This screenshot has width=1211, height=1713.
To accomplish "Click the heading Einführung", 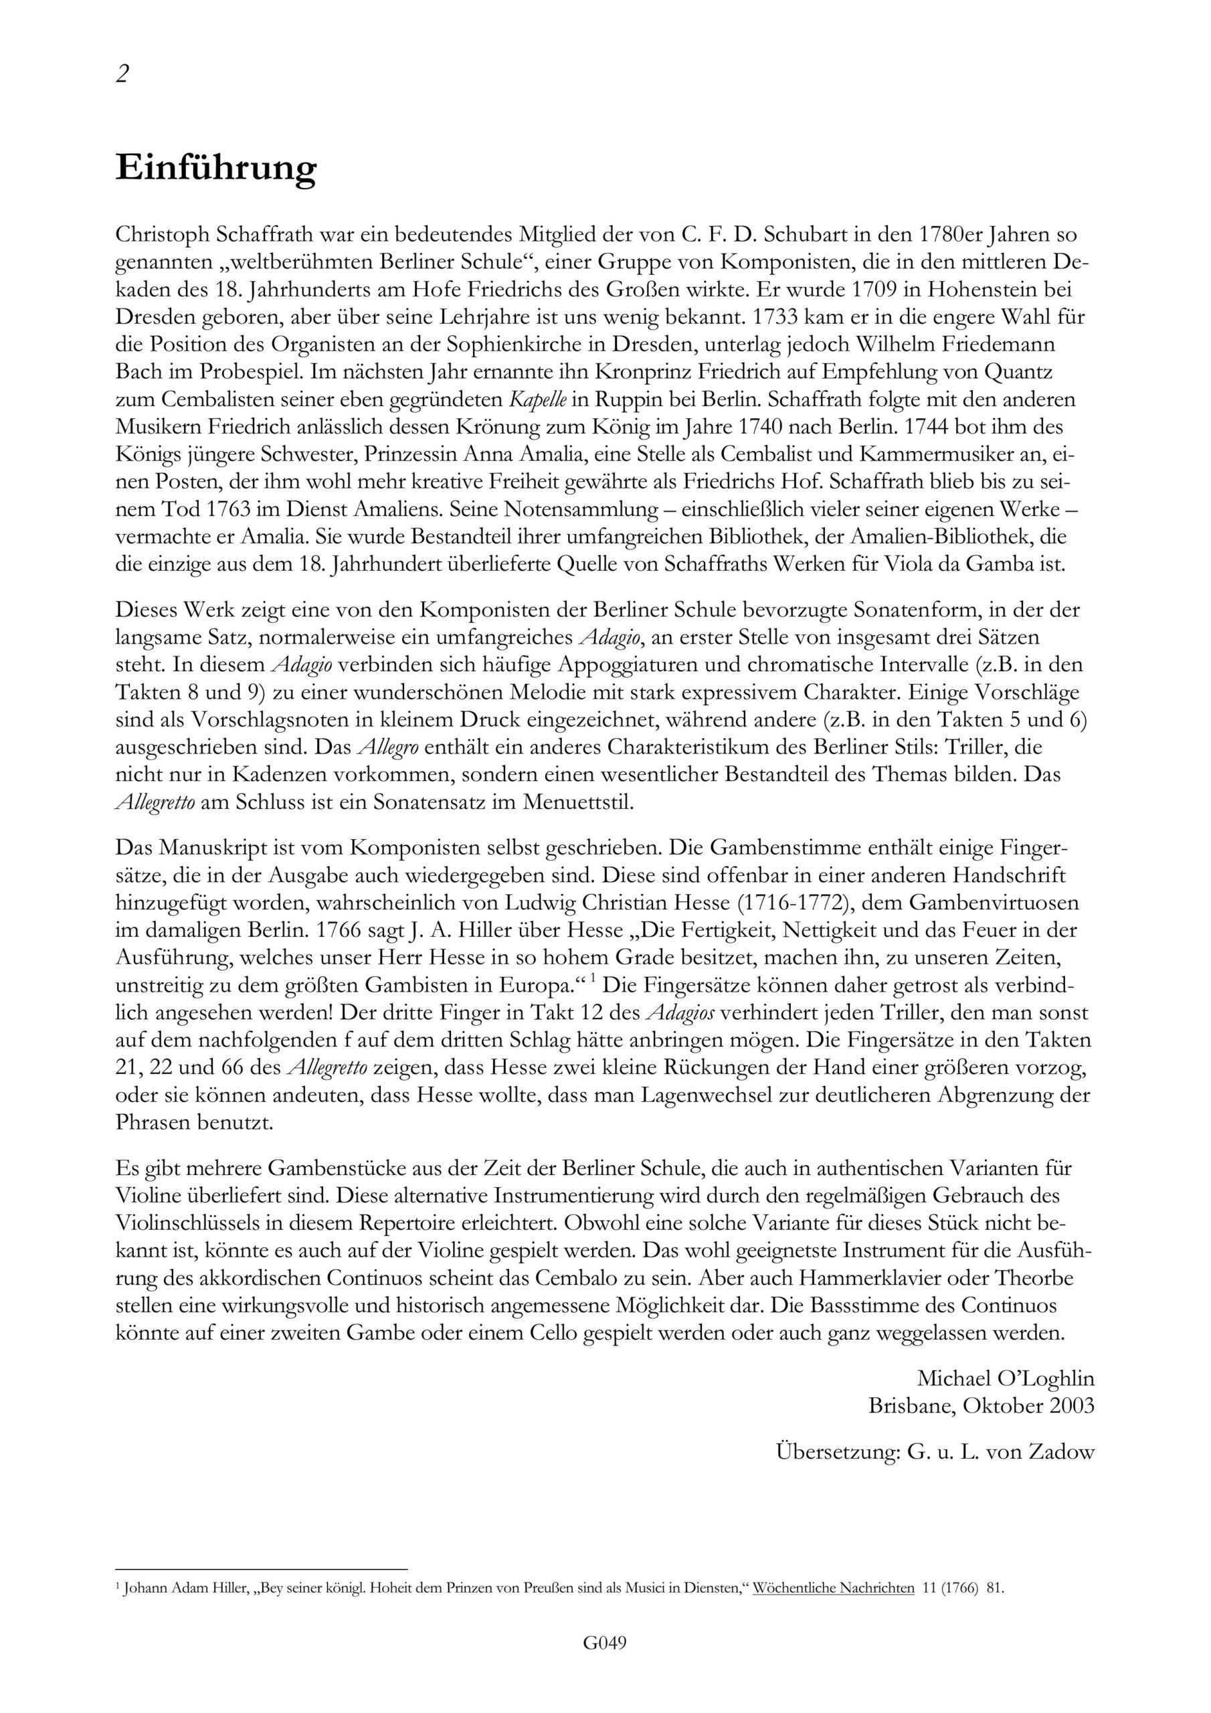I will pyautogui.click(x=215, y=169).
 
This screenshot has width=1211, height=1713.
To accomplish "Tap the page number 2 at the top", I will pyautogui.click(x=122, y=74).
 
